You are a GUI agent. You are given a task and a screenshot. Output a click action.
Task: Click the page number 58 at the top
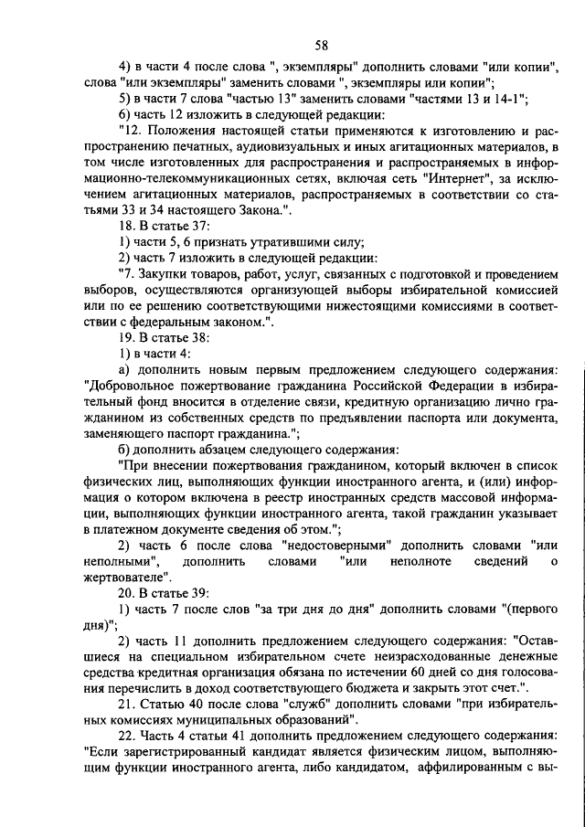click(x=321, y=47)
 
